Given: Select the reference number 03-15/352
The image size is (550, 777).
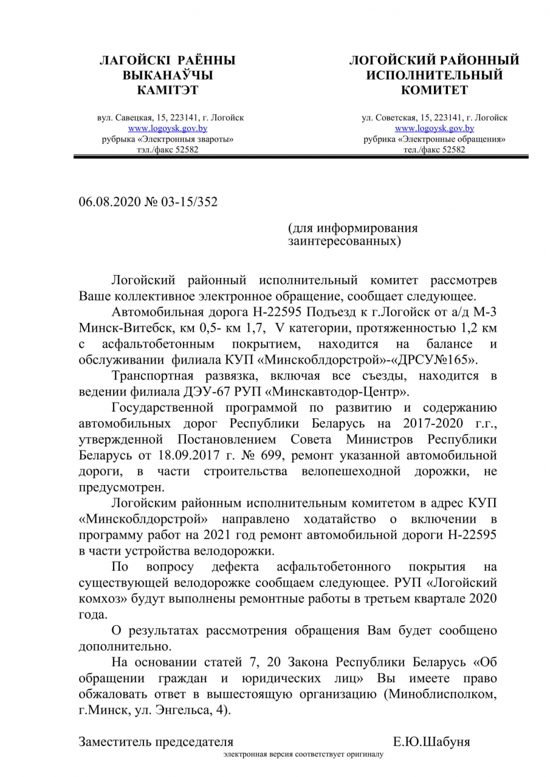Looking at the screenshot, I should tap(189, 202).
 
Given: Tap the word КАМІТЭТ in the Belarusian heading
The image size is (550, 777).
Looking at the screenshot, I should tap(168, 90).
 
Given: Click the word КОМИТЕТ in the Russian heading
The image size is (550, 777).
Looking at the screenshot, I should tap(435, 90).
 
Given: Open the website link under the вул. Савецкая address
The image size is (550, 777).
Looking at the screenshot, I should tap(168, 129).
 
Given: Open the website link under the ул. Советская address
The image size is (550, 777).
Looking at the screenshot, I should tap(435, 129).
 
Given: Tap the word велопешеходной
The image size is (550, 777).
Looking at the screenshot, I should tap(360, 470).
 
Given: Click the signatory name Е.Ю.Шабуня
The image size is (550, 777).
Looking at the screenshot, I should tap(431, 742).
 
